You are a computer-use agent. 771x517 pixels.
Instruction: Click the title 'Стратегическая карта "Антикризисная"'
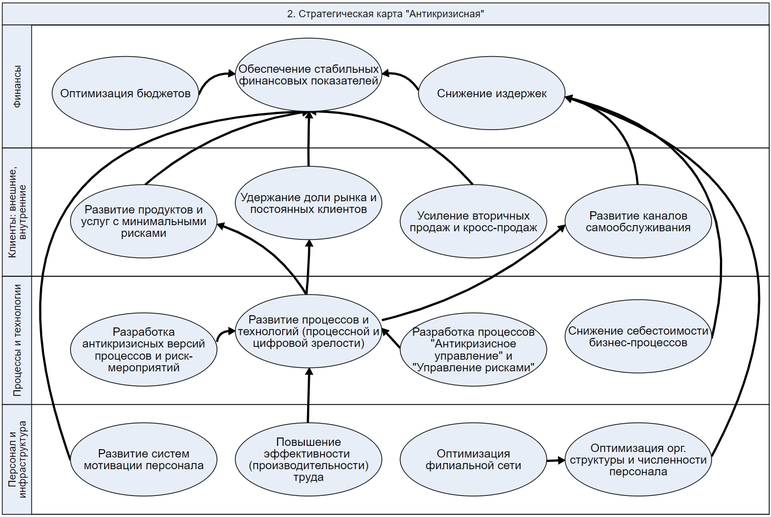point(385,14)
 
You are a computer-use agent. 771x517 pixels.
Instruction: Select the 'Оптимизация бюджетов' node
point(125,93)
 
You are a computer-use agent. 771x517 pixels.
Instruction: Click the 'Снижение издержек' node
point(492,93)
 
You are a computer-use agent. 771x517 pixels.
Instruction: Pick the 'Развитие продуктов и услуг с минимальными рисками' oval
point(144,221)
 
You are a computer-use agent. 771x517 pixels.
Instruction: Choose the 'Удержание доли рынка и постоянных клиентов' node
point(309,203)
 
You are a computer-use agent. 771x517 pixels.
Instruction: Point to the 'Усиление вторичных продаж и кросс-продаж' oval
point(473,221)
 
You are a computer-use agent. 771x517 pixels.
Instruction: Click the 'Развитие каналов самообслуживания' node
point(638,221)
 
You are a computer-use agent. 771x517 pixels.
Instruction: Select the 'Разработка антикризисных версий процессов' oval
point(144,350)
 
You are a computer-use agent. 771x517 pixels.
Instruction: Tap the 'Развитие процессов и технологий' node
point(309,331)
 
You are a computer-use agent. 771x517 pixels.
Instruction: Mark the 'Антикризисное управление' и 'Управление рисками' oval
point(473,350)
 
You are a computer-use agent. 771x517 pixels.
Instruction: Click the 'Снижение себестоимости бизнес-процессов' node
point(638,337)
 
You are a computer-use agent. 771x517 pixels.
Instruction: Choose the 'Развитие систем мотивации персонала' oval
point(144,460)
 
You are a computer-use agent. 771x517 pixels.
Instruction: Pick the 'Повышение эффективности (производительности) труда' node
point(309,460)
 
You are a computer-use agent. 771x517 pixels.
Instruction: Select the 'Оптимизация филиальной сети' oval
point(473,460)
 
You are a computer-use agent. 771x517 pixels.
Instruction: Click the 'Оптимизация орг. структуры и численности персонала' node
point(638,460)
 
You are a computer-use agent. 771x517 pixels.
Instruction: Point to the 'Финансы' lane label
point(17,87)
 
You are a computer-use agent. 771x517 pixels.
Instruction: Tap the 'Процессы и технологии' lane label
point(17,340)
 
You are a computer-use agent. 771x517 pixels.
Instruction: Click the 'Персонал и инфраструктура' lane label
point(17,459)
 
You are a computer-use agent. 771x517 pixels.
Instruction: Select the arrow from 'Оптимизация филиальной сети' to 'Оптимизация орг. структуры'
point(555,460)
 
